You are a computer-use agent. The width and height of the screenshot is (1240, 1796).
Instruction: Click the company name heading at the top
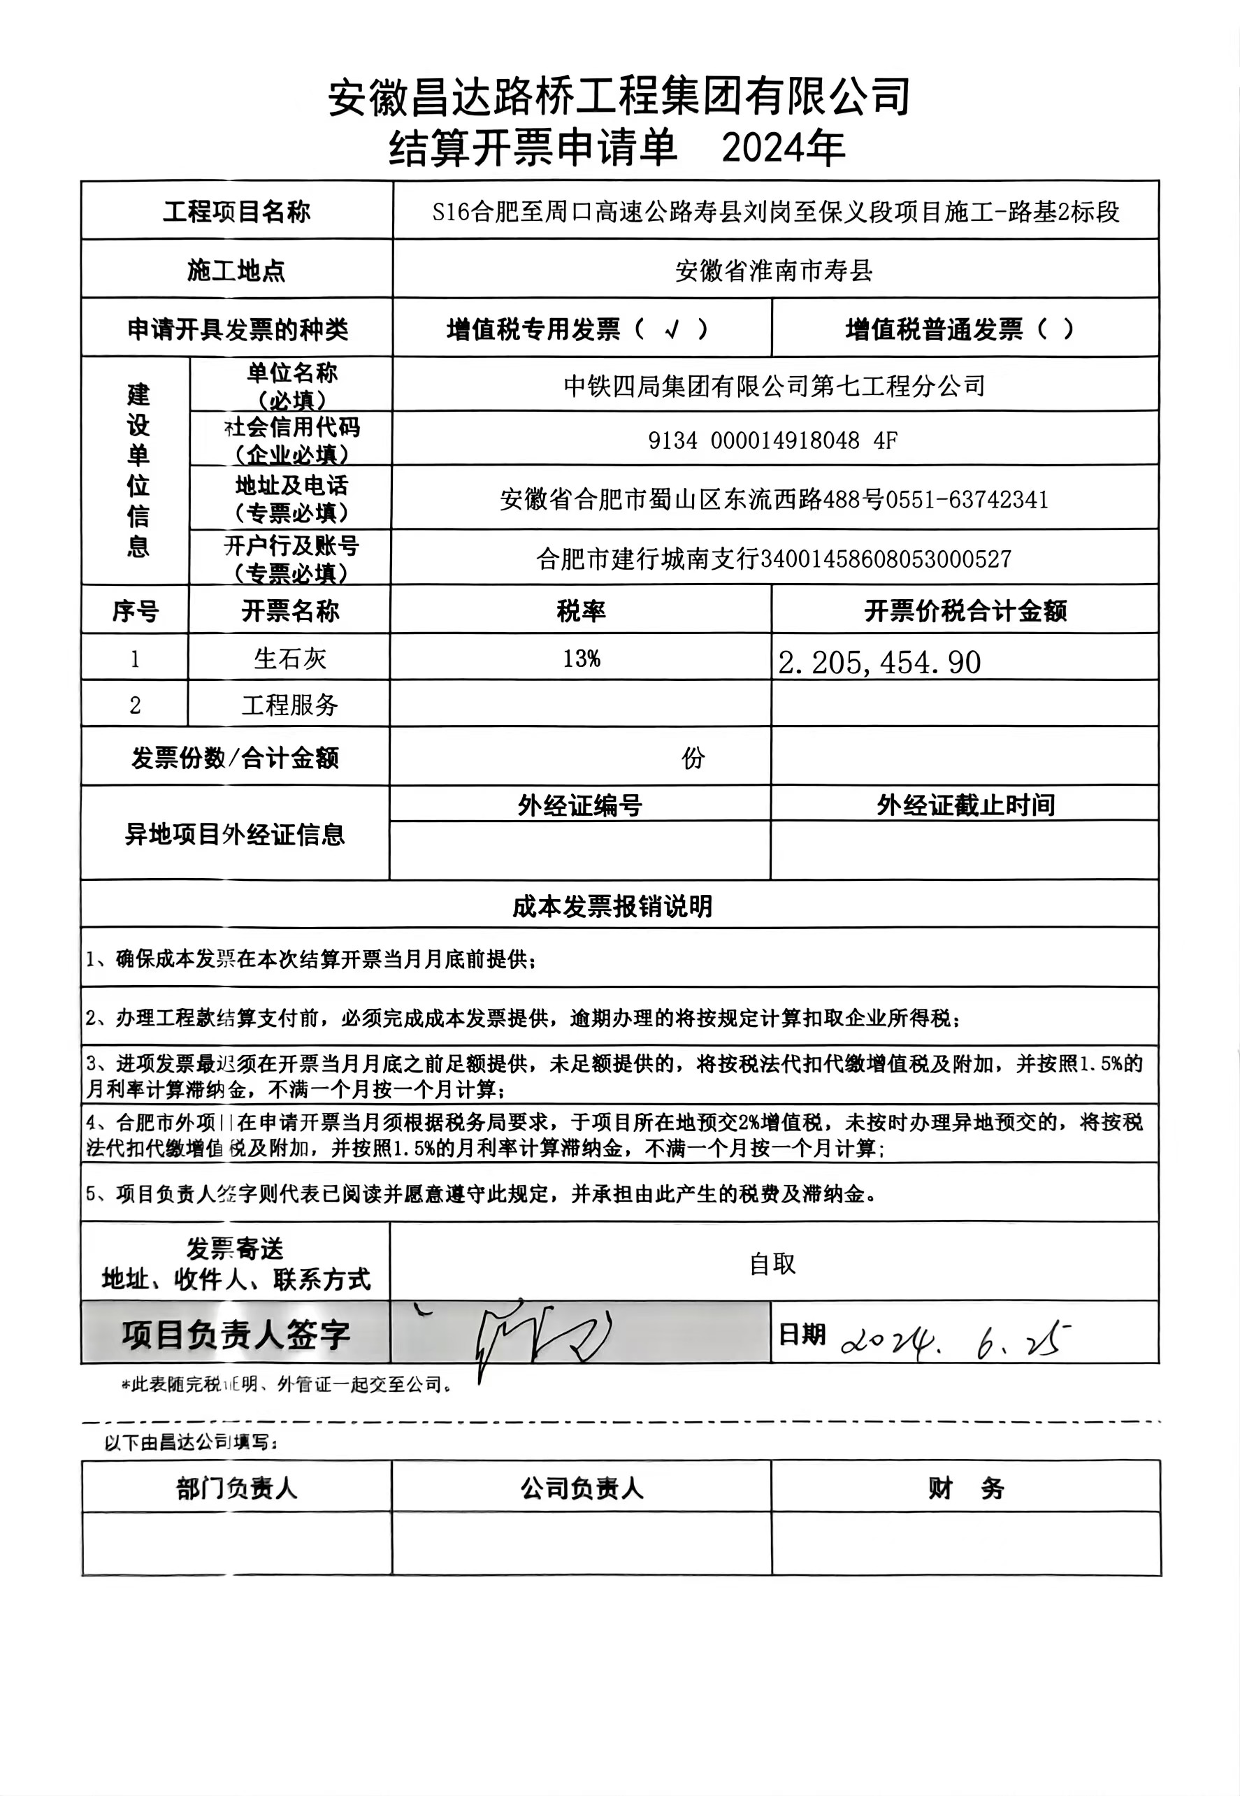pos(619,97)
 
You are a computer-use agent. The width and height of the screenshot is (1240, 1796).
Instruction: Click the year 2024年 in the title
pos(783,148)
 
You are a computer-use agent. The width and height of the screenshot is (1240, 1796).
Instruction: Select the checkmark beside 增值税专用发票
pos(672,330)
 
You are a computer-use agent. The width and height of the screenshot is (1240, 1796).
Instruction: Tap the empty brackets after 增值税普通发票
pos(1056,329)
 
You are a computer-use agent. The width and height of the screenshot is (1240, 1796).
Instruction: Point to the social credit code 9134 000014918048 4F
pos(772,440)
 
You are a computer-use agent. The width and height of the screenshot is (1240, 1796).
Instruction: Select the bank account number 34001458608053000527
pos(885,559)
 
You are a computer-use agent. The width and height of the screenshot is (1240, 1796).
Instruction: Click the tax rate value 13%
pos(581,659)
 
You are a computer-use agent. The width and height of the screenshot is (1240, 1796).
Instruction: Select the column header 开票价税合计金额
pos(965,611)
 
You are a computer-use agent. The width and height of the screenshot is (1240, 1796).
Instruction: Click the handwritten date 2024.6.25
pos(956,1337)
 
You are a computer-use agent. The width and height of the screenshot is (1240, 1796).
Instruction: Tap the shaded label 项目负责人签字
pos(236,1335)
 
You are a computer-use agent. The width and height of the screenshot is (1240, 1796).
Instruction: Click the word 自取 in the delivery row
pos(772,1264)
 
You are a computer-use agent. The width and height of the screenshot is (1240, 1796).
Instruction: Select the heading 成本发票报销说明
pos(612,906)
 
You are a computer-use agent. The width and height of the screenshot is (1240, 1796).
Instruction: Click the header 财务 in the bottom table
pos(966,1489)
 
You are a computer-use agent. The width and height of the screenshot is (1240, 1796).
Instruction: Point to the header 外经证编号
pos(579,805)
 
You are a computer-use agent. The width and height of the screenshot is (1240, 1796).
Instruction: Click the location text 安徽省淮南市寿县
pos(774,271)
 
